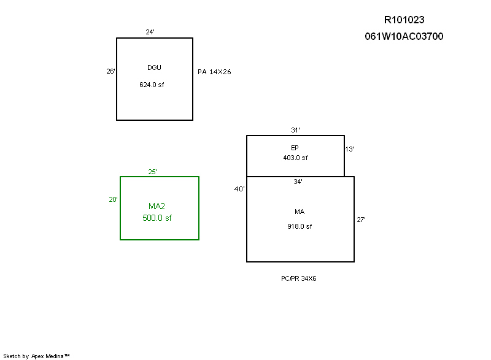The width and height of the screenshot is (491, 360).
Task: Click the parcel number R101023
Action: [x=404, y=20]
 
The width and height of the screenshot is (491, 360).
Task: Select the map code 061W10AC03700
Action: [x=404, y=36]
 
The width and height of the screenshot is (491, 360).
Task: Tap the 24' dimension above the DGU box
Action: [x=150, y=32]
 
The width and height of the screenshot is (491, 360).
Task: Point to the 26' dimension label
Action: [x=110, y=71]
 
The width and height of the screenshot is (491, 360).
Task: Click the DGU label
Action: [x=154, y=67]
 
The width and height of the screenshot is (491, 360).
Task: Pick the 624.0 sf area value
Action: [x=152, y=85]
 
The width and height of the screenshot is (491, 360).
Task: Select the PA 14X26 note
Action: [x=214, y=72]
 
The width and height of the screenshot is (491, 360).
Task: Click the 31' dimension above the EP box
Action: [x=295, y=130]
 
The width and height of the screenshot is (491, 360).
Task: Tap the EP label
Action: [x=295, y=148]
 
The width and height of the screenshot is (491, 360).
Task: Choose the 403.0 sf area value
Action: [x=295, y=158]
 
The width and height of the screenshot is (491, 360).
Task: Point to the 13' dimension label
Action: [x=349, y=149]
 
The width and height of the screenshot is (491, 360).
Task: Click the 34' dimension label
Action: [x=298, y=182]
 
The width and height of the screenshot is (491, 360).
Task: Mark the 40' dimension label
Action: [x=239, y=189]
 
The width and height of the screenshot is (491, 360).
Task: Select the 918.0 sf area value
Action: [x=300, y=226]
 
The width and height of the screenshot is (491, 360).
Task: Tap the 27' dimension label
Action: [x=361, y=219]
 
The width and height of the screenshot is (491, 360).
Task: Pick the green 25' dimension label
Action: [x=153, y=172]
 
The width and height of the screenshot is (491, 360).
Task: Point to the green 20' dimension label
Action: [x=114, y=199]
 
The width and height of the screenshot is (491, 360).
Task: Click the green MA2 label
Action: [x=157, y=206]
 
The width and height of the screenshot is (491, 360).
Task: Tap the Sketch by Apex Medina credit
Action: [x=36, y=356]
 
